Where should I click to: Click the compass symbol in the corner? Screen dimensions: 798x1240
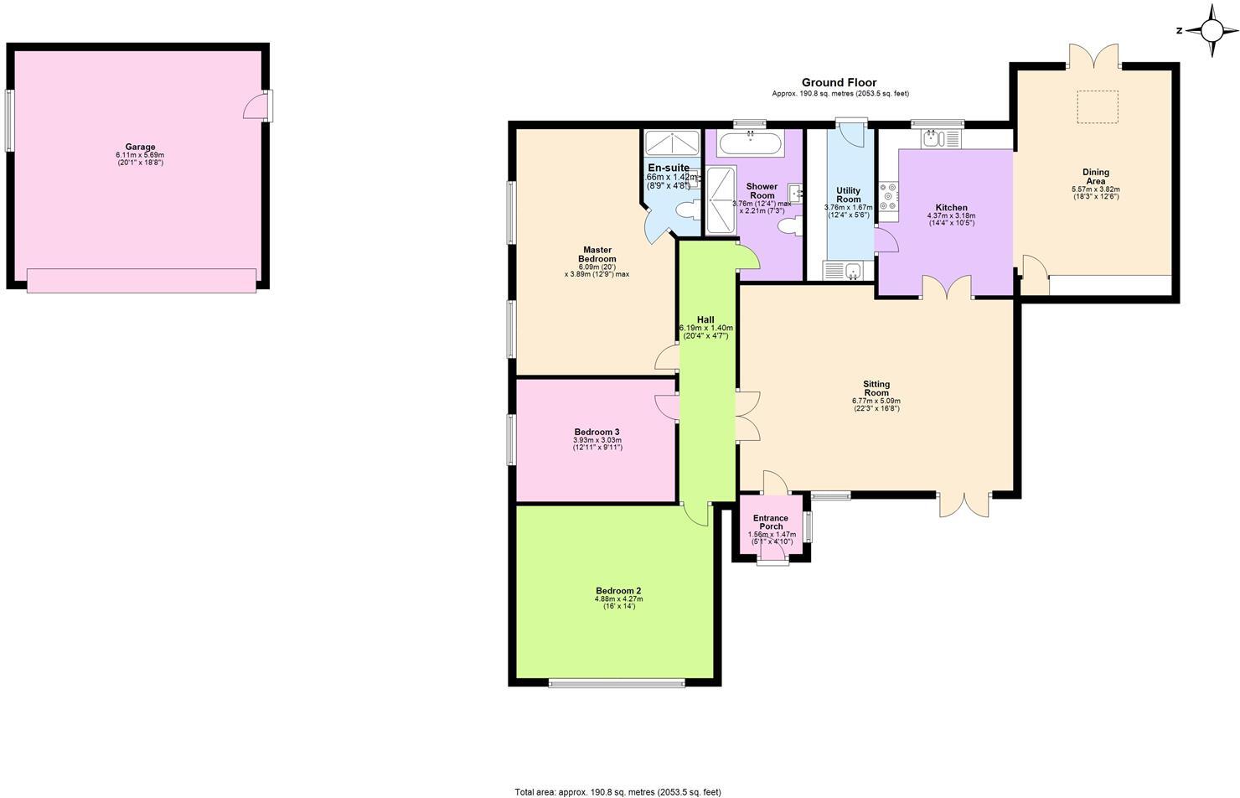tap(1212, 31)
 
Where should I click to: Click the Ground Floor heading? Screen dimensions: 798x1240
tap(839, 82)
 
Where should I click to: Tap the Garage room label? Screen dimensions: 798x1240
tap(140, 147)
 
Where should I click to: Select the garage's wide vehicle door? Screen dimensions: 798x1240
tap(142, 280)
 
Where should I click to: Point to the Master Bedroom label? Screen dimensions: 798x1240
tap(597, 254)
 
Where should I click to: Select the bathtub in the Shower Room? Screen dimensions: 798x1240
tap(751, 143)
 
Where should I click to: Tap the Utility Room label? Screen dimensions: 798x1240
tap(848, 194)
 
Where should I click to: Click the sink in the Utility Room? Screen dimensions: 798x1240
tap(842, 270)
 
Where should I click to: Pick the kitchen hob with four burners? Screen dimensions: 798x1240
tap(888, 196)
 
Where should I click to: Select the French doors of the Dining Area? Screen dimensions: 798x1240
tap(1093, 56)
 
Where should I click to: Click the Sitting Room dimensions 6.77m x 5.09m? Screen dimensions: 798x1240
tap(876, 401)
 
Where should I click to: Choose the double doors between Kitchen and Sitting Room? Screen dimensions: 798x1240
tap(948, 288)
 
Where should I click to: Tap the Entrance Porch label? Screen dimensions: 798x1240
tap(770, 522)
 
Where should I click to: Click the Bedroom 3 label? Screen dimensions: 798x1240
tap(597, 432)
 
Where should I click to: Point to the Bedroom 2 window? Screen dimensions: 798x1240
tap(616, 683)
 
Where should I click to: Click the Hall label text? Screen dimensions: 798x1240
tap(705, 319)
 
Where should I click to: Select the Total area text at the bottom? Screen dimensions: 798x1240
tap(617, 791)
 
